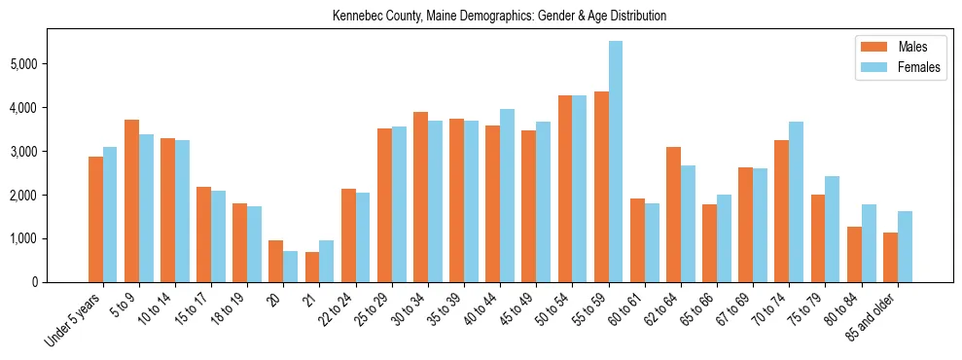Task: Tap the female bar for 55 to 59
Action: coord(616,162)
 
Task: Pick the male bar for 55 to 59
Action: coord(601,187)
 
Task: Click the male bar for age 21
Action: coord(312,268)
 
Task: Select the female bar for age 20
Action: coord(291,267)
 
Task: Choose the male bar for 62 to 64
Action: coord(673,214)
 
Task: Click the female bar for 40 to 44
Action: coord(507,196)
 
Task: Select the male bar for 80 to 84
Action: coord(854,254)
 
